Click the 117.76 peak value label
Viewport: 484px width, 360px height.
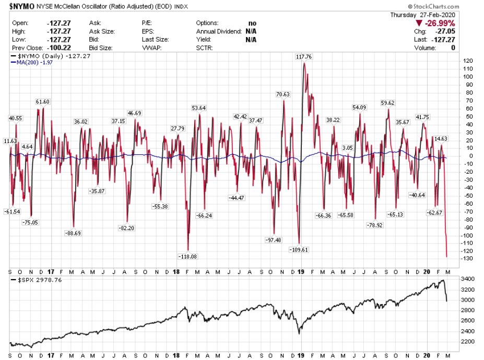[x=303, y=57]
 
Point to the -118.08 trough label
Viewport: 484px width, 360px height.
[x=188, y=257]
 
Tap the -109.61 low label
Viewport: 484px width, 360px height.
[x=299, y=250]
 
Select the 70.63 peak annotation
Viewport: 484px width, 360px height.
[x=283, y=94]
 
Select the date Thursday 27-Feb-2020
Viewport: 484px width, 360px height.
[x=422, y=15]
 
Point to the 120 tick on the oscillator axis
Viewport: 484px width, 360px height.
[x=468, y=61]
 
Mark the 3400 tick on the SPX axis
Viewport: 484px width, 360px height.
[x=469, y=280]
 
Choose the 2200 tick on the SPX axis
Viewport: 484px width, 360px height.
[x=469, y=342]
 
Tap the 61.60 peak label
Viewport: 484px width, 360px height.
[x=43, y=102]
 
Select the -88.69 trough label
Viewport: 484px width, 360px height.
[x=74, y=233]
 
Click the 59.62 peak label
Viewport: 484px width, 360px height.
[x=388, y=103]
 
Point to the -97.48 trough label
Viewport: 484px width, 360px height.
[x=273, y=240]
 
